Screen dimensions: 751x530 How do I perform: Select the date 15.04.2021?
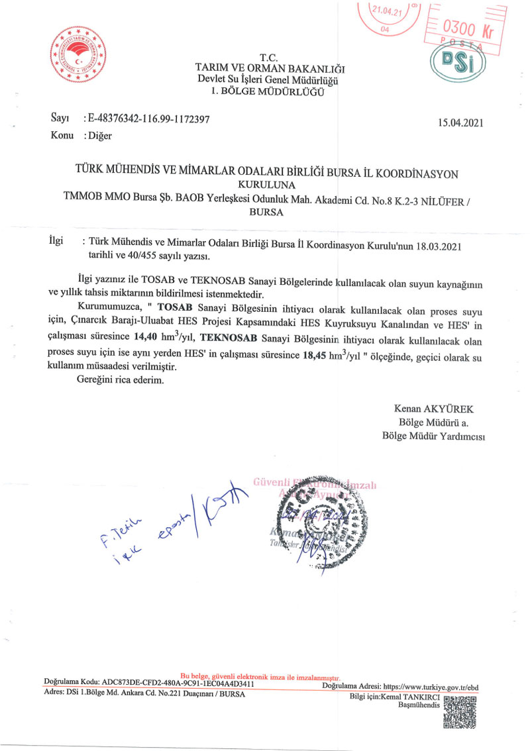pos(462,123)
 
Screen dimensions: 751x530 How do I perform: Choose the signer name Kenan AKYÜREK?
pos(434,409)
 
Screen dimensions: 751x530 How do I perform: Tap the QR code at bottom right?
pos(459,713)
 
